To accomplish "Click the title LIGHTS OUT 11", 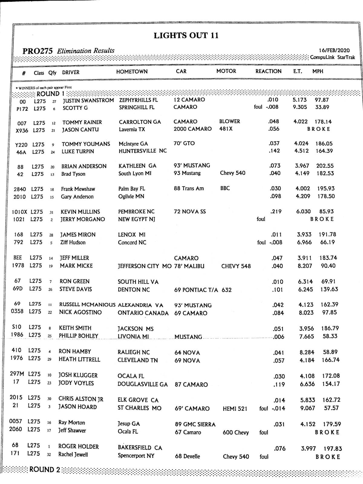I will point(186,36).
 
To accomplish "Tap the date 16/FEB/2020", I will point(334,51).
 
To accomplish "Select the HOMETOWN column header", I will point(132,72).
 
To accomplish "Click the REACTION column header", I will point(268,71).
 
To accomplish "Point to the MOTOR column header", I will point(226,71).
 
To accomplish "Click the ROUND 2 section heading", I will point(45,470).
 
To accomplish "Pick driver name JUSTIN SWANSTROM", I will point(88,100).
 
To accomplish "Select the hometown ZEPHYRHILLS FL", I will point(139,100).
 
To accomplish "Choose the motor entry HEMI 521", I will point(235,409).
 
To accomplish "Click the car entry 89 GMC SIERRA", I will point(195,424).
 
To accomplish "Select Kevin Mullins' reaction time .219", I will point(276,211).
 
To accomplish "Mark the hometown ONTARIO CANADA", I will point(143,313).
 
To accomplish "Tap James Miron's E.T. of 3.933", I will point(305,234).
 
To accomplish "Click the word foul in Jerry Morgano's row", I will point(261,219).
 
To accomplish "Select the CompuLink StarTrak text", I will point(332,57).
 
